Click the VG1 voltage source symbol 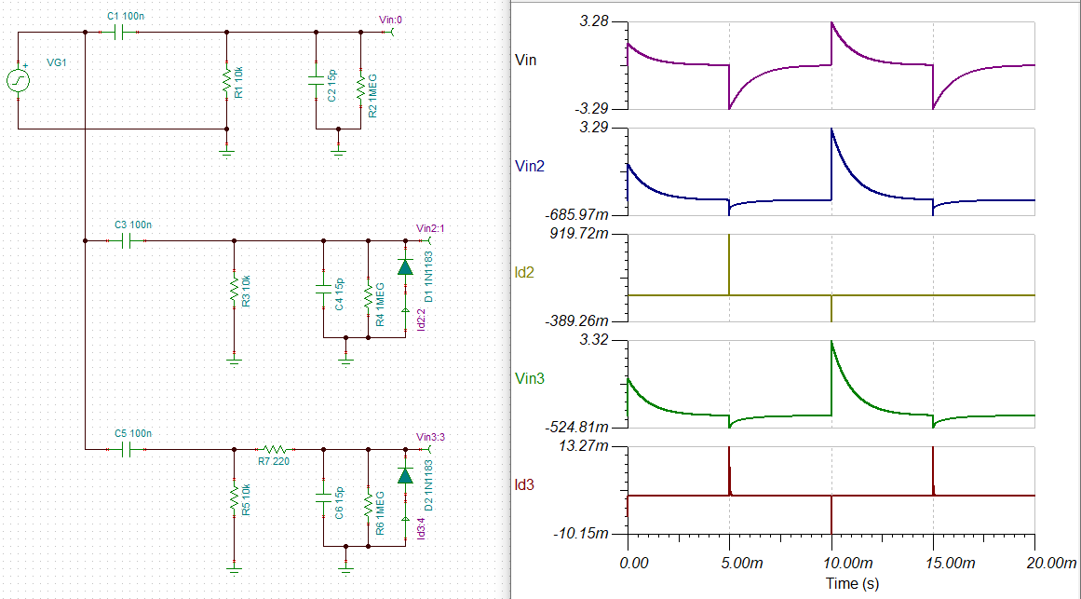coord(18,81)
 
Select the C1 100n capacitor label coord(126,15)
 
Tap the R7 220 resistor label coord(274,461)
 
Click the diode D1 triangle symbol coord(405,267)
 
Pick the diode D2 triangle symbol coord(405,475)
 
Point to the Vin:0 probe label coord(390,20)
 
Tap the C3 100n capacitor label coord(133,225)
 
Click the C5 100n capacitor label coord(133,433)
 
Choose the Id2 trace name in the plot coord(524,273)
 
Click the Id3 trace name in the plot coord(524,485)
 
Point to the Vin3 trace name coord(530,379)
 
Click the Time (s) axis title coord(852,584)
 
